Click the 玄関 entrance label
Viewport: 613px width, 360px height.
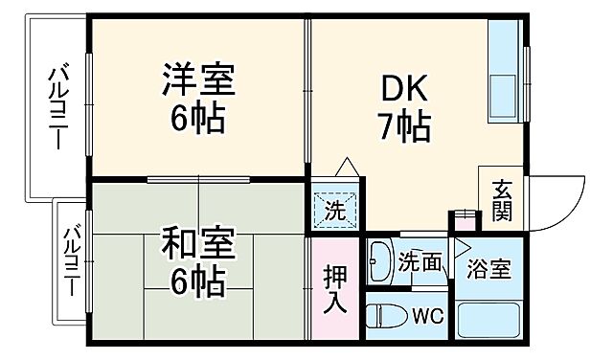pyautogui.click(x=502, y=201)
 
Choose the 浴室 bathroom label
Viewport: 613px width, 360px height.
pyautogui.click(x=488, y=269)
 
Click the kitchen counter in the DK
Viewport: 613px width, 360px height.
pyautogui.click(x=506, y=77)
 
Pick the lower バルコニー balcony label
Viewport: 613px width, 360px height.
pyautogui.click(x=71, y=260)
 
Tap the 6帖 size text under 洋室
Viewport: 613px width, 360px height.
pyautogui.click(x=199, y=118)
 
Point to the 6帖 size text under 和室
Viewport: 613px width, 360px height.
pyautogui.click(x=198, y=281)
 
